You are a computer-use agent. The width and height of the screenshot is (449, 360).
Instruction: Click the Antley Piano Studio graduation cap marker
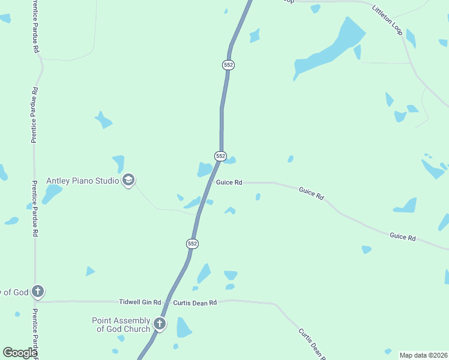[128, 180]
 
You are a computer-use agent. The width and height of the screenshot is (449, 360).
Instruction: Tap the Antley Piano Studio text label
[84, 181]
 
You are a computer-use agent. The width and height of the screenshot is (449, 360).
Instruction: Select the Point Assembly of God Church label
[121, 325]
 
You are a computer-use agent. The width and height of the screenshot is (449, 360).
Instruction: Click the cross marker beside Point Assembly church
[160, 324]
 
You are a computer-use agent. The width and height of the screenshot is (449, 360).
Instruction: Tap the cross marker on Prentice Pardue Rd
[37, 292]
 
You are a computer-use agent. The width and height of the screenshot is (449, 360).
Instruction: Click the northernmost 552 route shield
[228, 65]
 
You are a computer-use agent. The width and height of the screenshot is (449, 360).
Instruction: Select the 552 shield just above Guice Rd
[220, 156]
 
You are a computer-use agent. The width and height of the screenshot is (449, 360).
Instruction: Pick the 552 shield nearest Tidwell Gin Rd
[192, 244]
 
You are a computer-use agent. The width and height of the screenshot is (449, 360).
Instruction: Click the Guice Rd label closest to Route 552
[229, 182]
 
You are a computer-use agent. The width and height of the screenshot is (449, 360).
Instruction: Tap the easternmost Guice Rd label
[403, 237]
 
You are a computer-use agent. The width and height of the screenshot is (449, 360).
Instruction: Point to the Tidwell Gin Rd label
[140, 302]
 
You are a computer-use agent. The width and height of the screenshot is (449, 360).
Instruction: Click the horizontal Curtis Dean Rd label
[194, 303]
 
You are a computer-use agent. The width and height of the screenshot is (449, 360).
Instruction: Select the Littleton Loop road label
[387, 20]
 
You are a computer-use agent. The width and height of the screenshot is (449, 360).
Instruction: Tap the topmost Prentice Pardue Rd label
[36, 26]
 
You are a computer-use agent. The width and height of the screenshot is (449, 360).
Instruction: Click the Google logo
[20, 352]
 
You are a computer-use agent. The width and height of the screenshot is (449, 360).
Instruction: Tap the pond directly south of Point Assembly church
[183, 328]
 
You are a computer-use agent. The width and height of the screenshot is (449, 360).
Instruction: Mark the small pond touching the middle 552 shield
[231, 160]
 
